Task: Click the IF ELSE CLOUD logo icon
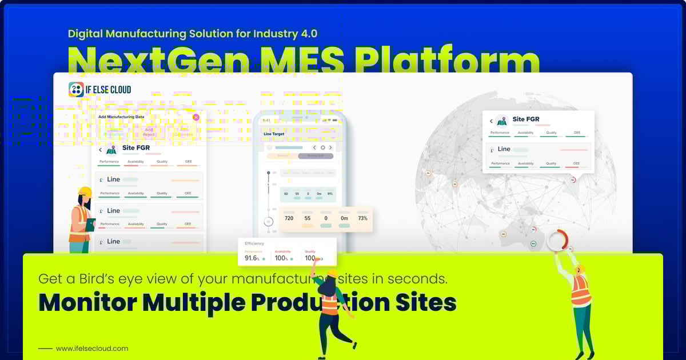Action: coord(76,89)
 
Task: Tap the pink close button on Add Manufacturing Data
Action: coord(196,117)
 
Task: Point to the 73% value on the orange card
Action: coord(362,218)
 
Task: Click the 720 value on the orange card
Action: coord(289,218)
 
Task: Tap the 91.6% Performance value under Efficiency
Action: coord(252,258)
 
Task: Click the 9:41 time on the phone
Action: coord(266,120)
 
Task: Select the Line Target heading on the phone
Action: coord(274,134)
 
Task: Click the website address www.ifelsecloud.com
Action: coord(92,348)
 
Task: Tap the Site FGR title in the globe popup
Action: coord(526,120)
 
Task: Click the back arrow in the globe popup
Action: coord(491,121)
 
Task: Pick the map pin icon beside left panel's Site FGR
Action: coord(111,149)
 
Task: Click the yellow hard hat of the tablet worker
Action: coord(85,191)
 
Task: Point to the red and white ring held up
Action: coord(557,240)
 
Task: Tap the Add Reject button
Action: coord(149,132)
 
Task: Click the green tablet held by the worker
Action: coord(90,224)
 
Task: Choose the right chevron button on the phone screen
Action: coord(330,147)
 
